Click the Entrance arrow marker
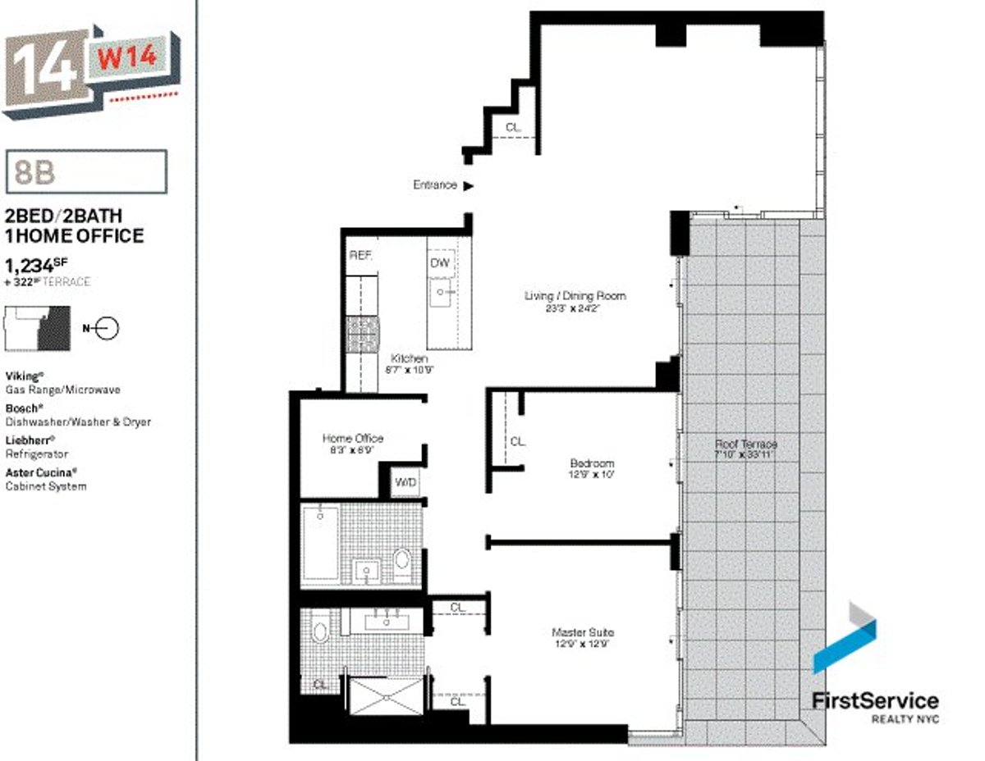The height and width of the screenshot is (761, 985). pyautogui.click(x=469, y=186)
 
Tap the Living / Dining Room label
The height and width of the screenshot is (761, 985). pyautogui.click(x=575, y=296)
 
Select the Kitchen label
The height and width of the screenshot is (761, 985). pyautogui.click(x=409, y=359)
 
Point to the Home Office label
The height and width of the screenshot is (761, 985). pyautogui.click(x=352, y=439)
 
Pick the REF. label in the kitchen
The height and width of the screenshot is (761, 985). pyautogui.click(x=360, y=256)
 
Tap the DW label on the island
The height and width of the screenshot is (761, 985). pyautogui.click(x=440, y=262)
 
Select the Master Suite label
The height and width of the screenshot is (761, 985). pyautogui.click(x=582, y=633)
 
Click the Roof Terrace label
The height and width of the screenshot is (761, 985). pyautogui.click(x=745, y=444)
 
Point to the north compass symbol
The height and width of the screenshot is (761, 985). pyautogui.click(x=106, y=329)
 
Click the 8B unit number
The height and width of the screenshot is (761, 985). pyautogui.click(x=33, y=172)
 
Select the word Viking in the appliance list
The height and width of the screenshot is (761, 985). pyautogui.click(x=21, y=376)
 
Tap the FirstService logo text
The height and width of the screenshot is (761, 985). pyautogui.click(x=875, y=701)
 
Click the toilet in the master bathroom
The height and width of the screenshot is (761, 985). pyautogui.click(x=320, y=631)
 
